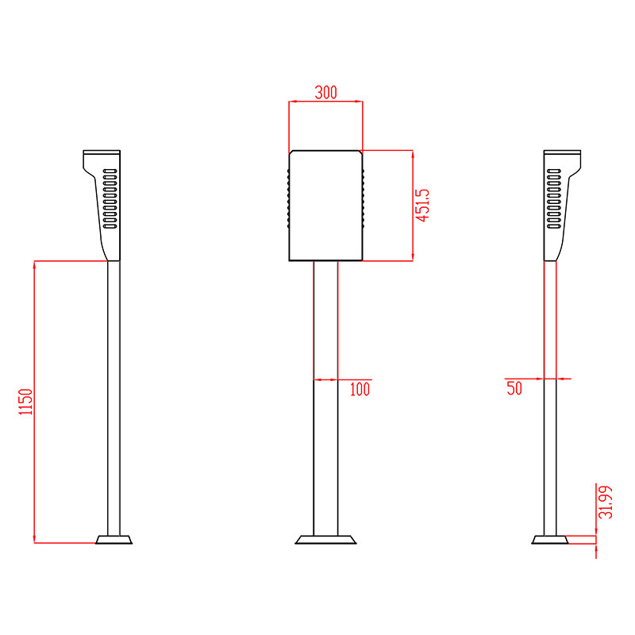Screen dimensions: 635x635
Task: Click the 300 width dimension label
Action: tap(325, 92)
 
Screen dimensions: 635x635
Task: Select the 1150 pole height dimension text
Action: tap(25, 402)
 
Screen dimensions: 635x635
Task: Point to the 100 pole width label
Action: tap(360, 389)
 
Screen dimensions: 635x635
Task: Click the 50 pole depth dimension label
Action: tap(514, 388)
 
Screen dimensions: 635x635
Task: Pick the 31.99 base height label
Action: tap(607, 501)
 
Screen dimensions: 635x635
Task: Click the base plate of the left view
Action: tap(114, 540)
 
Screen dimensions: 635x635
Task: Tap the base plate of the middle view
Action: tap(325, 540)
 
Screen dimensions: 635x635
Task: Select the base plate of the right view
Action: tap(549, 540)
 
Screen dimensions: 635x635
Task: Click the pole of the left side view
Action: tap(114, 397)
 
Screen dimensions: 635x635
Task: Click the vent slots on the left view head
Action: tap(110, 198)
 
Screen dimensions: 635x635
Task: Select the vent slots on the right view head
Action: tap(553, 198)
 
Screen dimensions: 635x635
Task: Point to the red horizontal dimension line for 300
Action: tap(325, 102)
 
